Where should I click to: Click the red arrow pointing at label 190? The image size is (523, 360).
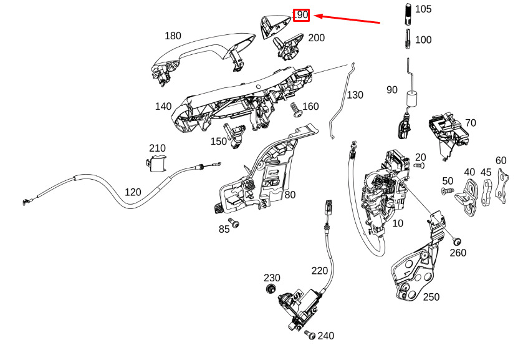click(x=347, y=19)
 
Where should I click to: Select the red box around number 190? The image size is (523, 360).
click(x=302, y=15)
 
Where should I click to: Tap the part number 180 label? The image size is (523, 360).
click(x=173, y=36)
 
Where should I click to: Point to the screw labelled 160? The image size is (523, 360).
click(x=295, y=110)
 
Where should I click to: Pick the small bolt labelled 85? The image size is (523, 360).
click(x=234, y=223)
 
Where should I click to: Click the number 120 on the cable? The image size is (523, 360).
click(x=133, y=192)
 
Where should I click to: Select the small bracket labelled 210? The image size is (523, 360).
click(x=156, y=163)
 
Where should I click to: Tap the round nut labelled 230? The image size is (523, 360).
click(x=271, y=288)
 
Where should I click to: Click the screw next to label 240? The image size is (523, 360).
click(x=310, y=334)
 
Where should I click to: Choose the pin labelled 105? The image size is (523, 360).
click(x=408, y=14)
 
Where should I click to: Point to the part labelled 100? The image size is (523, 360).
click(x=408, y=39)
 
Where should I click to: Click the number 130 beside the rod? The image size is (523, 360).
click(x=355, y=95)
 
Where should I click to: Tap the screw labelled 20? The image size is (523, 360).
click(x=420, y=165)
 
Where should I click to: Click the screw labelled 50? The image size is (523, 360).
click(x=448, y=191)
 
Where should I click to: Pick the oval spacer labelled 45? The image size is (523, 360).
click(x=486, y=193)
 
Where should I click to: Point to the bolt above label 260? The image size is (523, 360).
click(x=457, y=241)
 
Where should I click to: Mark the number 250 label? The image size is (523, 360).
click(x=431, y=297)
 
